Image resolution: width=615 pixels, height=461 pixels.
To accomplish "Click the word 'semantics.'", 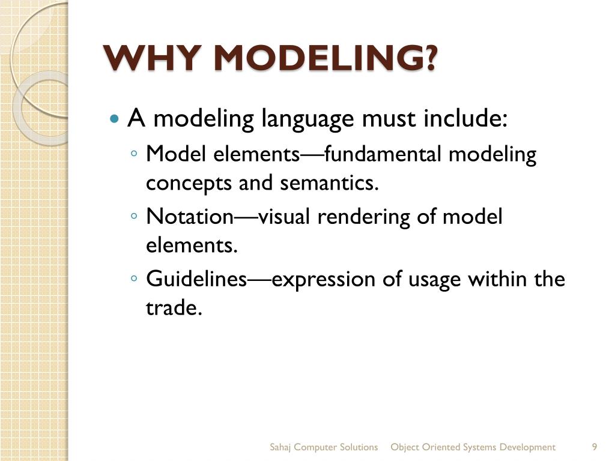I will click(x=330, y=182).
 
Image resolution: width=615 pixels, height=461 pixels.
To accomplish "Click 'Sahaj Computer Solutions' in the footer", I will click(x=324, y=447).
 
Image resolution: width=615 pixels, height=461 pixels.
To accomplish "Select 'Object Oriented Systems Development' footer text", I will click(x=473, y=447).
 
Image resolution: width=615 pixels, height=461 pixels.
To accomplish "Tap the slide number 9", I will click(x=594, y=447).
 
